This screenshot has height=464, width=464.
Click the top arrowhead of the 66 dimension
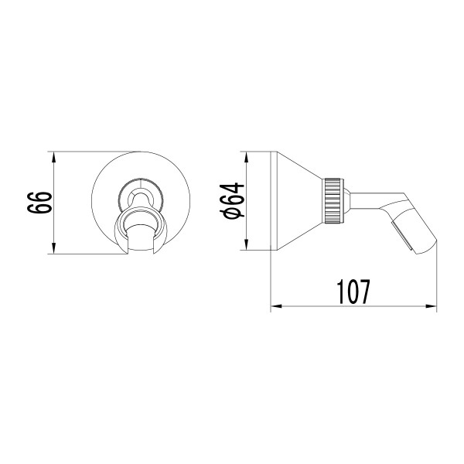click(53, 156)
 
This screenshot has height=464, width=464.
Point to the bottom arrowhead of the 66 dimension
click(53, 249)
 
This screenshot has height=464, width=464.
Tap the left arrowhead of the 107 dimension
click(275, 308)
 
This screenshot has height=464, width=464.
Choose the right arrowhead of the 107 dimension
click(432, 308)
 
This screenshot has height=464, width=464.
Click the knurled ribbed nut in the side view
click(333, 200)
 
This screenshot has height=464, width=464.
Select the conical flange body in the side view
click(298, 201)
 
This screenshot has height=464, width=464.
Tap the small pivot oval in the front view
click(140, 190)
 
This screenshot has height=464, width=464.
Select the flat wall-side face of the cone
click(271, 201)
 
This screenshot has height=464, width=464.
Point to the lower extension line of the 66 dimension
click(85, 254)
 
